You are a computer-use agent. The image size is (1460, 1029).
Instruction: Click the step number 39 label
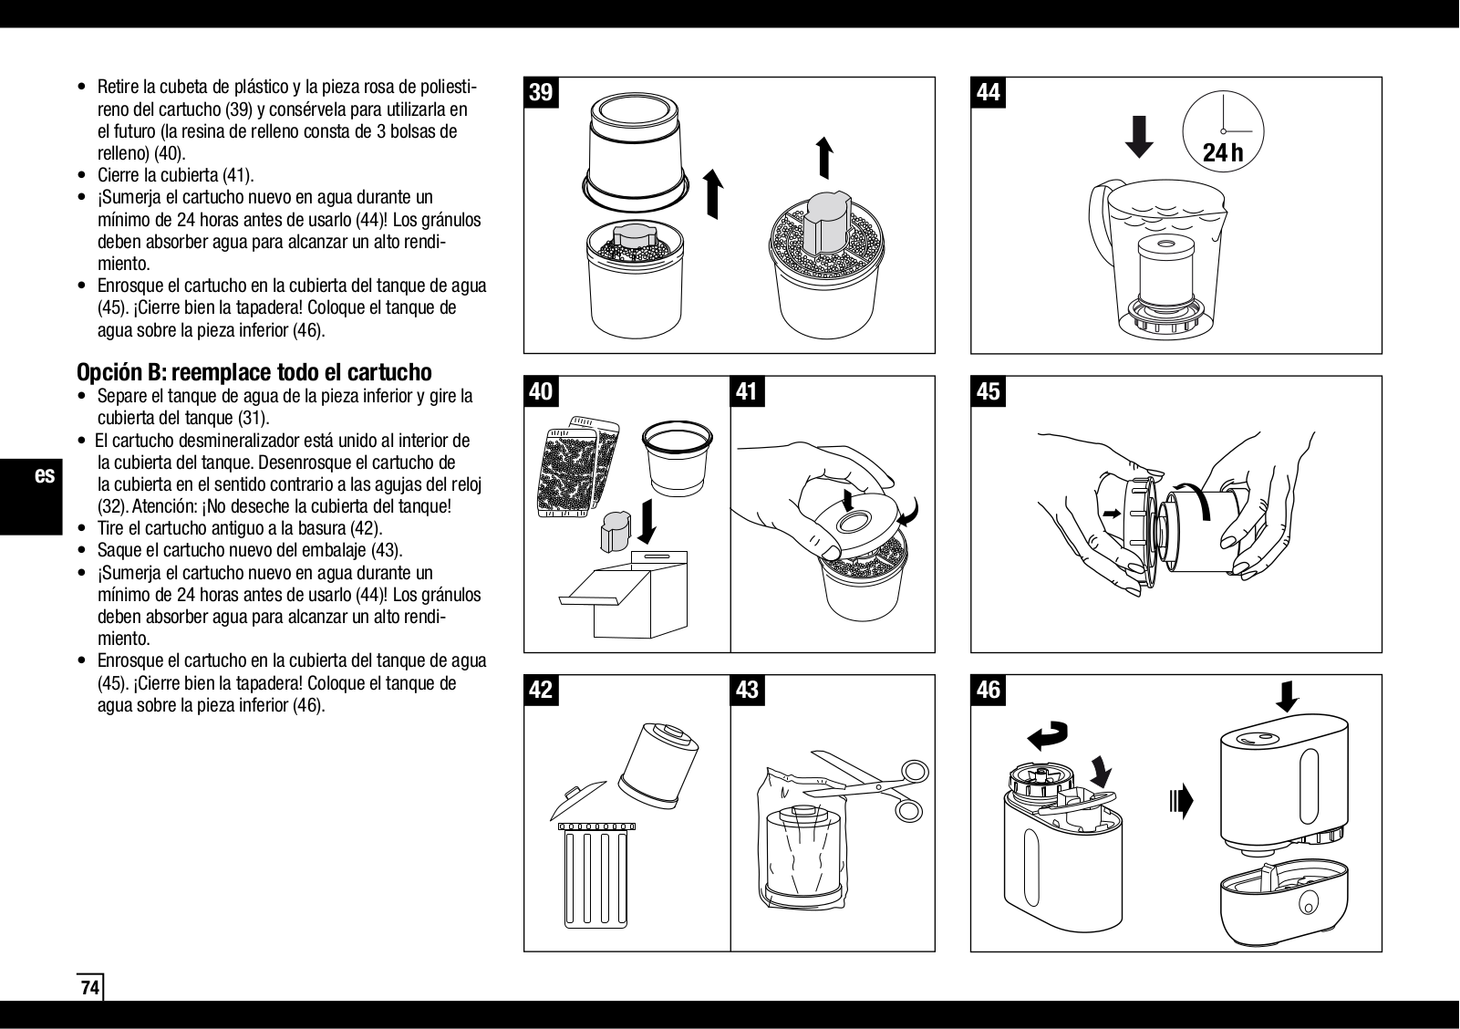[542, 93]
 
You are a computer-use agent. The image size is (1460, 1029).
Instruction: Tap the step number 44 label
[989, 93]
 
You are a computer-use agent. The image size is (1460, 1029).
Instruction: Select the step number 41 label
[747, 391]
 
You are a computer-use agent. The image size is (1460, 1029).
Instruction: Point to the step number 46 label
[989, 690]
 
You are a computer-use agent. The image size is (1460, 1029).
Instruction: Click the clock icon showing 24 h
[1223, 133]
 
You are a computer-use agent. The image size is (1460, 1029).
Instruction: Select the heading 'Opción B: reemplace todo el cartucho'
[254, 372]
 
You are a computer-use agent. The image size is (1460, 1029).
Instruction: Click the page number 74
[89, 988]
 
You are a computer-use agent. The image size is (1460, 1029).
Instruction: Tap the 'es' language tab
[45, 476]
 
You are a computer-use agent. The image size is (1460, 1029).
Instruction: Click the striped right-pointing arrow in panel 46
[1180, 802]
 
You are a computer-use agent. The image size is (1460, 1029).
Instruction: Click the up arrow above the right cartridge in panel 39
[824, 157]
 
